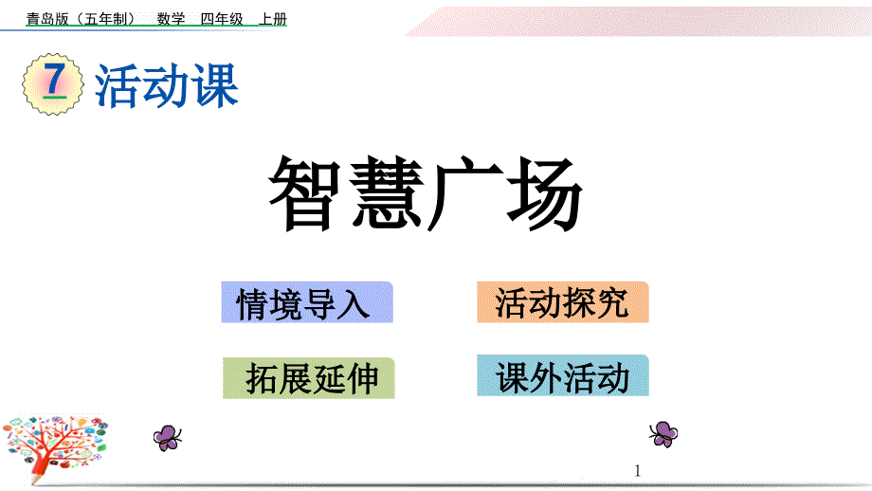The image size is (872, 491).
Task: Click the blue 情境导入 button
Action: click(307, 303)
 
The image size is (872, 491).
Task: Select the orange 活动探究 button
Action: click(562, 303)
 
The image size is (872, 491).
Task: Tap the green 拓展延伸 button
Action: click(309, 378)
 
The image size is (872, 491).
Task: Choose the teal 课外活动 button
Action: click(562, 377)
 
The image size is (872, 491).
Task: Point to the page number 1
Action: click(638, 470)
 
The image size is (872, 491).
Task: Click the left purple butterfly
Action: click(168, 436)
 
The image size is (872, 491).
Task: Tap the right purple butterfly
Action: click(663, 433)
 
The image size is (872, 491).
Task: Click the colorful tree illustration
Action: click(56, 445)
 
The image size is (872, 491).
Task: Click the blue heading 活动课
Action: click(167, 85)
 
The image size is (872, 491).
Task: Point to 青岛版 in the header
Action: click(45, 19)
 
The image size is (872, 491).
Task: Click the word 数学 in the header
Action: click(171, 19)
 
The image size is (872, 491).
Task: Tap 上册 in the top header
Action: click(272, 19)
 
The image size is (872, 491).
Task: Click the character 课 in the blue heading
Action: click(214, 85)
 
